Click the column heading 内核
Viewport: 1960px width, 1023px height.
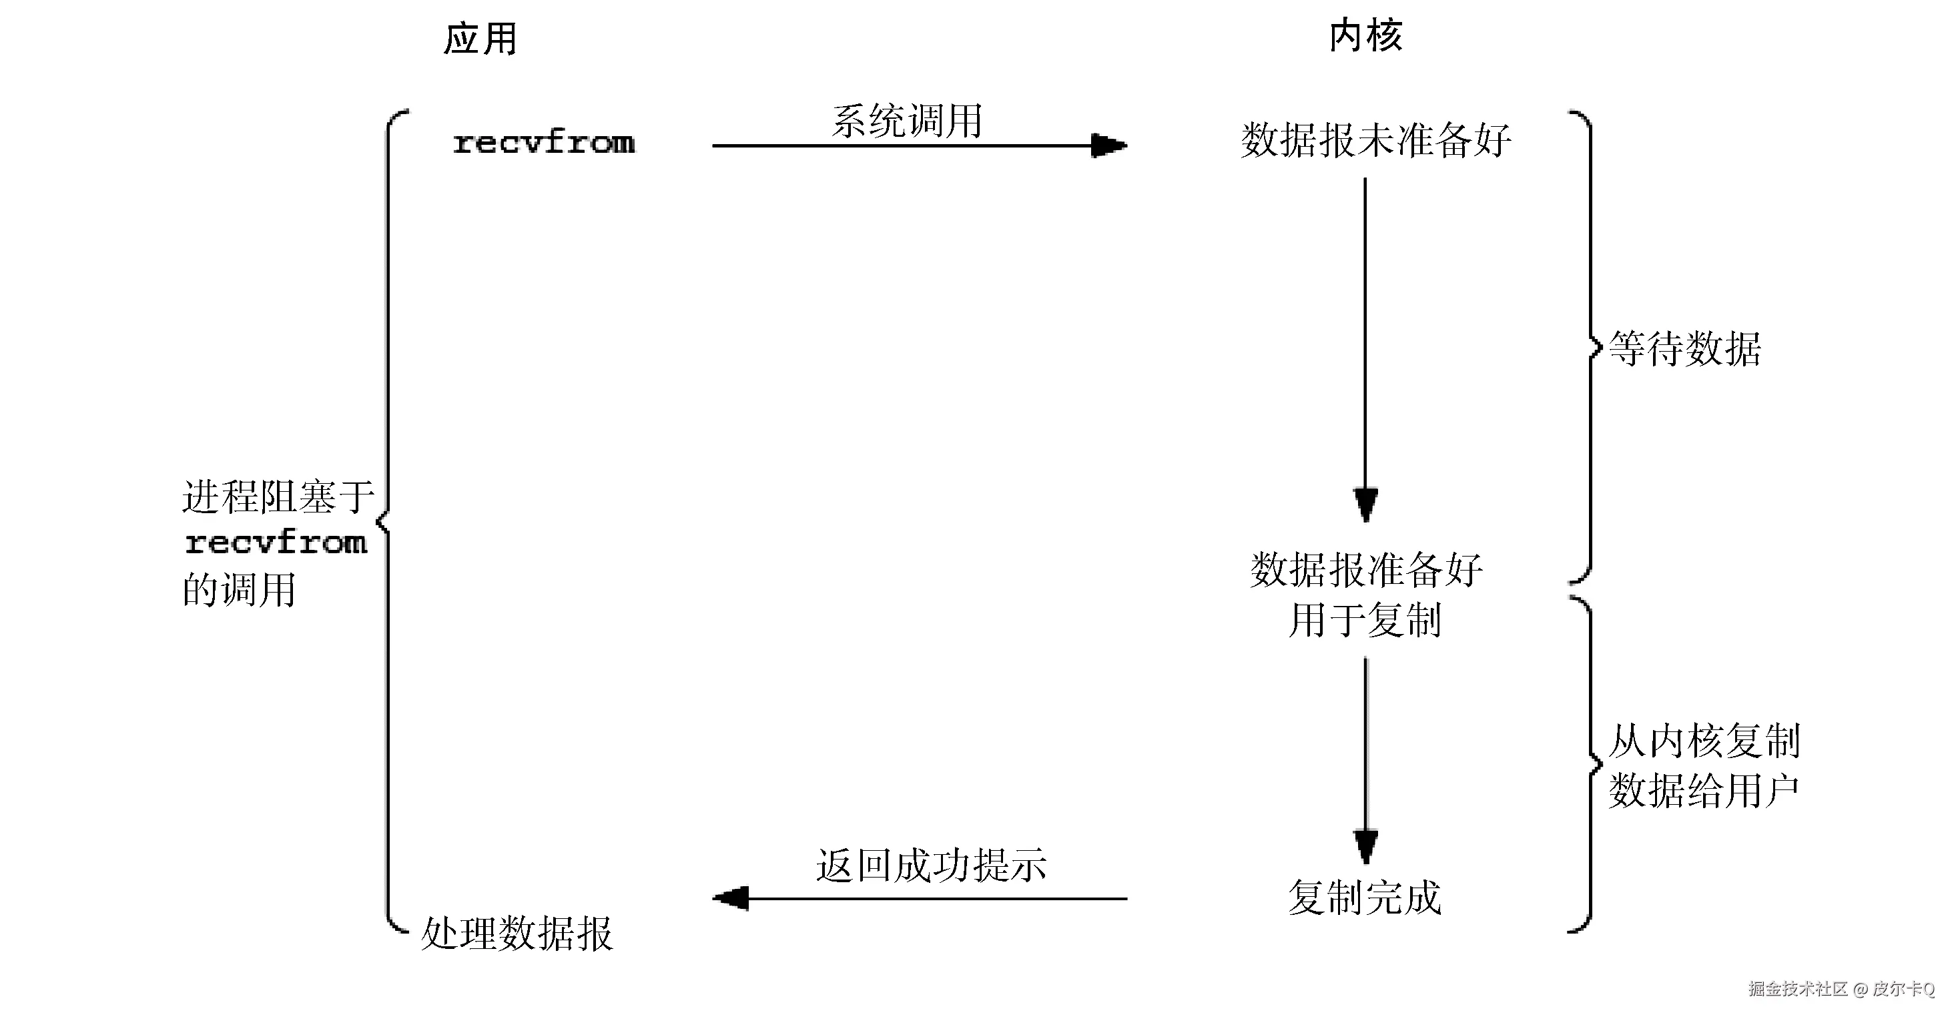(x=1366, y=36)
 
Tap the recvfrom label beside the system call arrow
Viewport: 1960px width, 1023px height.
(x=543, y=143)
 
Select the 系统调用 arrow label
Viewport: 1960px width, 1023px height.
(x=907, y=121)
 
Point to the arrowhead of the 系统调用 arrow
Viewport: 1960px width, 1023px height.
(x=1109, y=145)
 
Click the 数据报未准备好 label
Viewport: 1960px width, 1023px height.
(x=1375, y=141)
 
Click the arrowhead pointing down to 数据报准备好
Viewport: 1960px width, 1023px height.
(x=1366, y=504)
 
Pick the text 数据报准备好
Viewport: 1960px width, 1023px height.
(x=1367, y=570)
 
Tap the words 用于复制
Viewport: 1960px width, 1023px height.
(x=1365, y=620)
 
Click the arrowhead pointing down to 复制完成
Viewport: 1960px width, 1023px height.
(x=1366, y=845)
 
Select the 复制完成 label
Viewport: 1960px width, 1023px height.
(x=1365, y=898)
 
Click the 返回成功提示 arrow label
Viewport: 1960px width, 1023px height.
(x=932, y=866)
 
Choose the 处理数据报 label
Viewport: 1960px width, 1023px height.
(x=517, y=934)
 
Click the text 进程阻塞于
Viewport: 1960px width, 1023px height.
(x=278, y=497)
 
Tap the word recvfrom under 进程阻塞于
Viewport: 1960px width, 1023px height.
(x=276, y=543)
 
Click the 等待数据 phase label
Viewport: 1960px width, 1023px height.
(x=1684, y=349)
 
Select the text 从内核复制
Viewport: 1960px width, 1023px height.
(x=1704, y=741)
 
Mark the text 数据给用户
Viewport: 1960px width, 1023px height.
(x=1704, y=791)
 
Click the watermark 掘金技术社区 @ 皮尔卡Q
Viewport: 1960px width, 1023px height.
(x=1841, y=989)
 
